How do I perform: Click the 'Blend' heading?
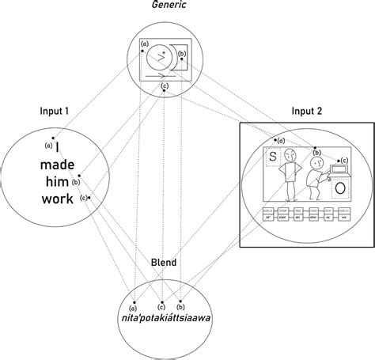(x=164, y=262)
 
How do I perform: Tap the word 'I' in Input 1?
(x=58, y=147)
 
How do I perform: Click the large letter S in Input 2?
(x=271, y=157)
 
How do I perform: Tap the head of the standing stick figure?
(x=290, y=155)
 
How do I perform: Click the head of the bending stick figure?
(x=316, y=165)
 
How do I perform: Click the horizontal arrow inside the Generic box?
(x=162, y=76)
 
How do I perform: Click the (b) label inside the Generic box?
(x=182, y=55)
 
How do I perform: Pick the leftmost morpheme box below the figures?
(x=268, y=214)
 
